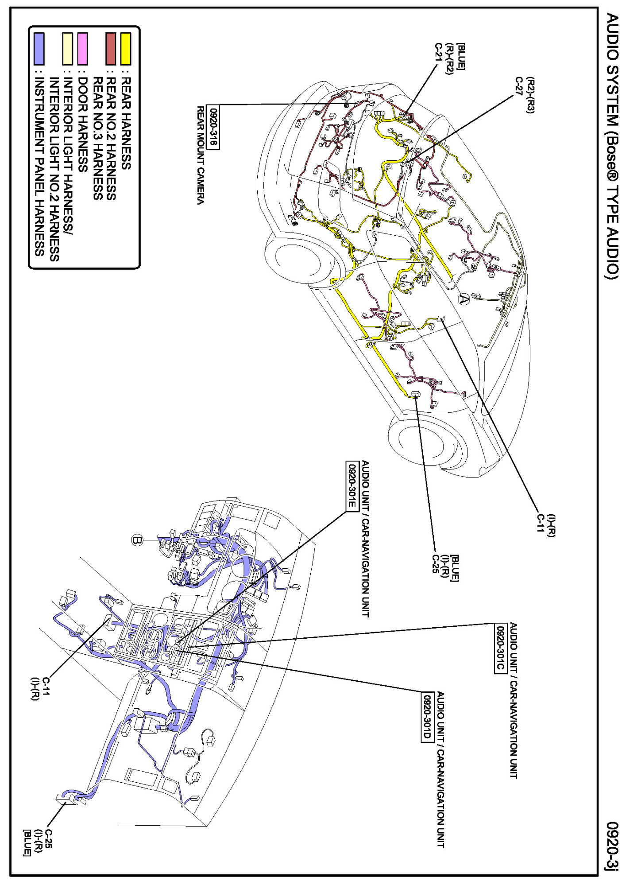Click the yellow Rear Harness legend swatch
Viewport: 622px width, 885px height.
click(126, 49)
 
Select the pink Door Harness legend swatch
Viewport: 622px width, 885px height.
click(82, 49)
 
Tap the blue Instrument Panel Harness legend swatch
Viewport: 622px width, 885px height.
click(39, 49)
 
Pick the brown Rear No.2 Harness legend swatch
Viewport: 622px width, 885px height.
click(111, 49)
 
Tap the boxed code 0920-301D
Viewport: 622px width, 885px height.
click(426, 717)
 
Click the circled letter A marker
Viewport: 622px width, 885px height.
click(463, 300)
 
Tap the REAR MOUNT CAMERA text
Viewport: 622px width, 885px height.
click(201, 155)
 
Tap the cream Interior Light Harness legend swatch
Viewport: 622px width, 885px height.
click(67, 49)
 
